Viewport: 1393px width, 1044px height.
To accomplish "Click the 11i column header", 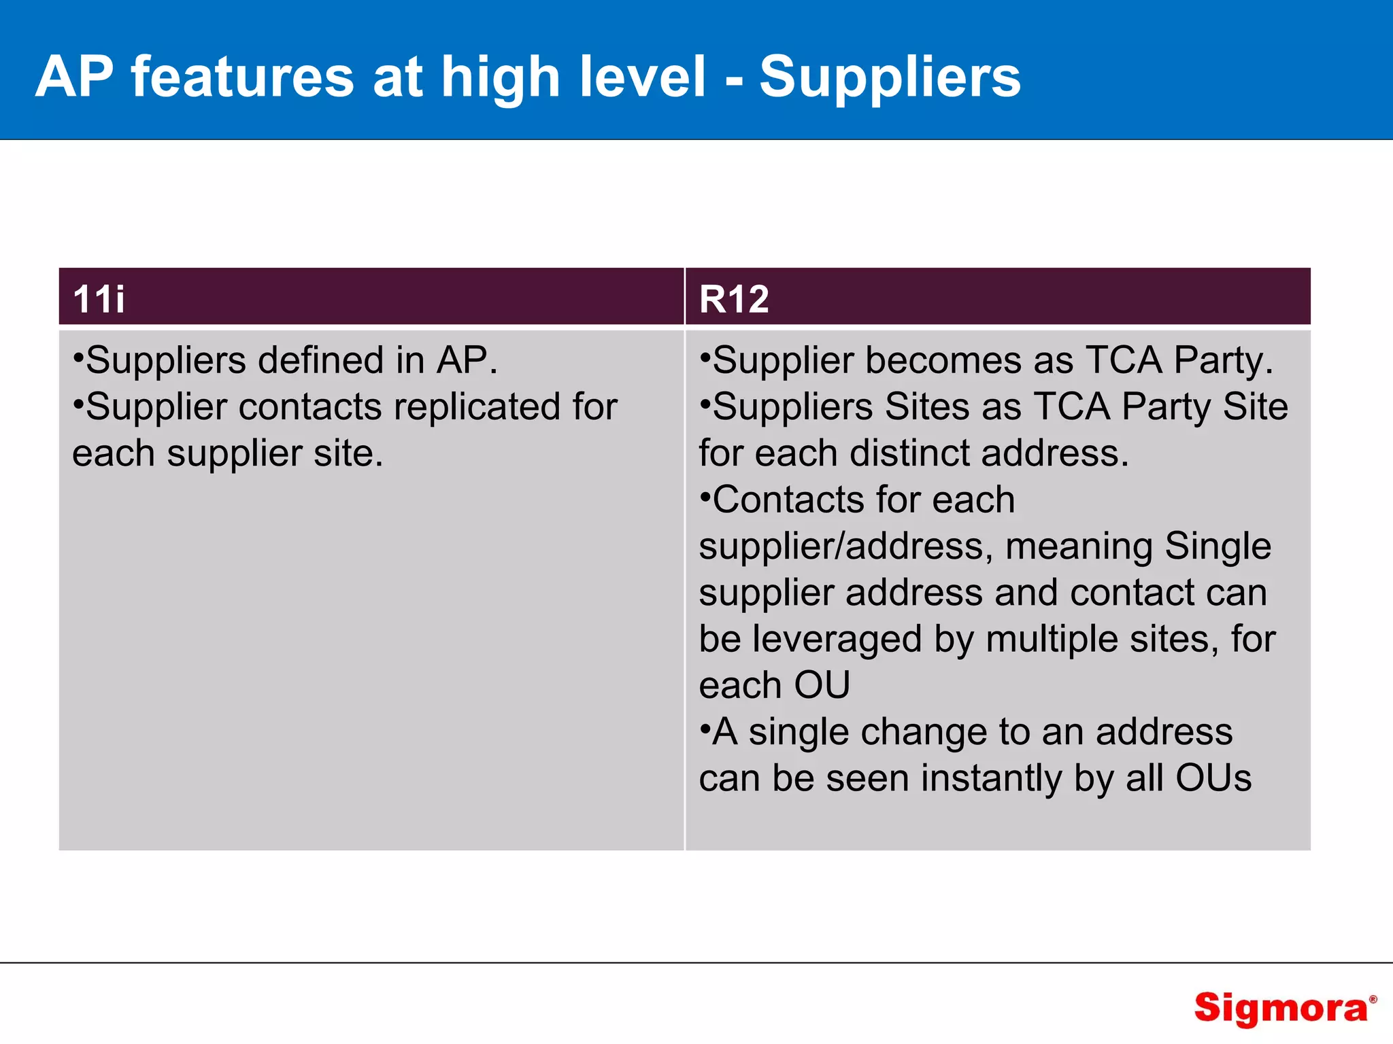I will (x=99, y=299).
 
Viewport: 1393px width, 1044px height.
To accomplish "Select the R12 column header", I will (x=734, y=299).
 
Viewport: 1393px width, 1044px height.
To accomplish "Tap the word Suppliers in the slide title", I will (x=890, y=77).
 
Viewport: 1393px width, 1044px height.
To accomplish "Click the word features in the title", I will (x=243, y=77).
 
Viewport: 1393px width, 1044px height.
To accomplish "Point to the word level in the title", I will (x=643, y=77).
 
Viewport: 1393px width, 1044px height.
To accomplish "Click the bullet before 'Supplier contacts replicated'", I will (x=78, y=403).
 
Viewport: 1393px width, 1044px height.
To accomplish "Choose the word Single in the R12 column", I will (x=1218, y=546).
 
